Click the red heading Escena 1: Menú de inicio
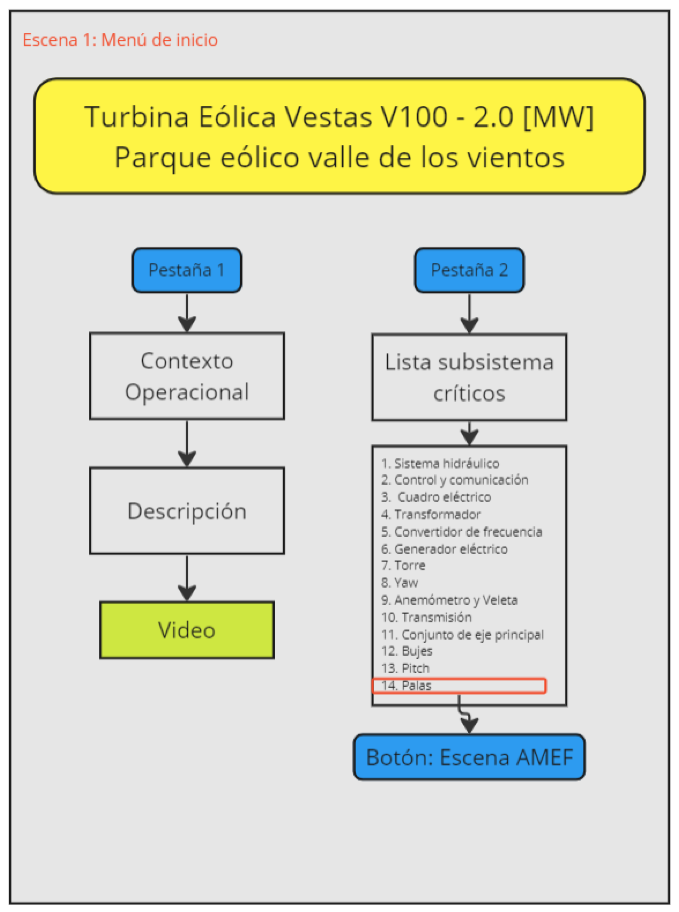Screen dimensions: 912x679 (120, 40)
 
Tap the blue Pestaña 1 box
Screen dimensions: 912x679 (187, 270)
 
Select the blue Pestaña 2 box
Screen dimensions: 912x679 (469, 270)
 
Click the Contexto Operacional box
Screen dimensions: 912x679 (187, 376)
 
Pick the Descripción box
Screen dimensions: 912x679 (187, 511)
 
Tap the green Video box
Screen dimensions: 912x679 (187, 630)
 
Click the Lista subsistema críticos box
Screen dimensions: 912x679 (469, 377)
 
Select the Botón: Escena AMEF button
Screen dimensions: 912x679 (469, 757)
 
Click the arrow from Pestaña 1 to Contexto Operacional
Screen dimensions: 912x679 (187, 313)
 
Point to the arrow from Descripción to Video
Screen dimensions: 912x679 (187, 578)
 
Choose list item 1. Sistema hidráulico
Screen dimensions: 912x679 (440, 464)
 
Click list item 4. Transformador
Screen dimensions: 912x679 (431, 514)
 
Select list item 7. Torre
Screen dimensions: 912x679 (403, 566)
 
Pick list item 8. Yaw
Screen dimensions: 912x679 (399, 582)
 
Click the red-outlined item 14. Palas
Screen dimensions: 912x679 (458, 686)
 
